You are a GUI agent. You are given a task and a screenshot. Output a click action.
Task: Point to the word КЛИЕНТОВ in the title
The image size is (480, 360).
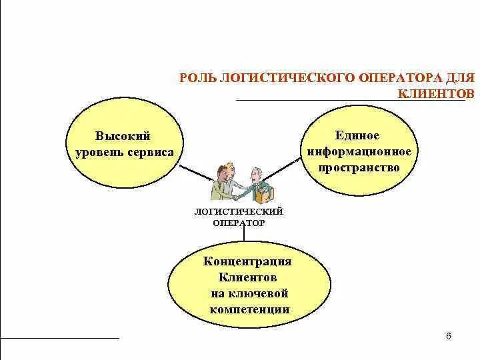(436, 94)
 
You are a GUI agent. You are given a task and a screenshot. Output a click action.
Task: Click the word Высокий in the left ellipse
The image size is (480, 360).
(123, 136)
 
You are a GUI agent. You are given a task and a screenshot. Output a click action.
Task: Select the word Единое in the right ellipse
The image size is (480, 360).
(359, 135)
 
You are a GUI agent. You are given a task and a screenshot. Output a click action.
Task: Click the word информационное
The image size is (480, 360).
(359, 151)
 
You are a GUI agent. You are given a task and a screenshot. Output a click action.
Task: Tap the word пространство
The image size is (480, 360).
(359, 167)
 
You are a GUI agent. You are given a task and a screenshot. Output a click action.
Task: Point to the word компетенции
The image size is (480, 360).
(249, 309)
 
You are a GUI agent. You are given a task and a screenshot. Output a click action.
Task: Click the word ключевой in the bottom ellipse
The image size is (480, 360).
(263, 293)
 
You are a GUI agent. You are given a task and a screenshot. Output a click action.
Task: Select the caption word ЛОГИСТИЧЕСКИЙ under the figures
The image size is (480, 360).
(239, 211)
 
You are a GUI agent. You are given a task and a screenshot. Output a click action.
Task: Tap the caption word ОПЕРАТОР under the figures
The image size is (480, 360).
(239, 223)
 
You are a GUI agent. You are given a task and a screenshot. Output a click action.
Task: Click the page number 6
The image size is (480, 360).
(448, 335)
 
